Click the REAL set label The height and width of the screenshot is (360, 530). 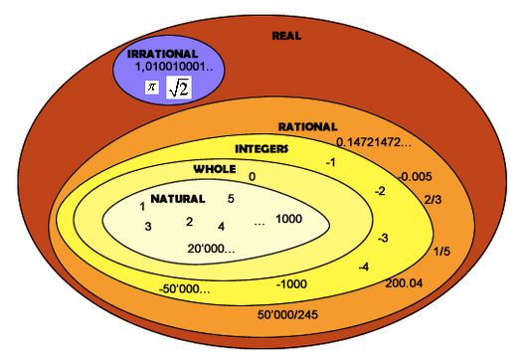(286, 36)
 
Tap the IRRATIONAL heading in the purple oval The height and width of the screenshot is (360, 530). (163, 54)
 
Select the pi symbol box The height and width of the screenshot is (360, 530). (152, 88)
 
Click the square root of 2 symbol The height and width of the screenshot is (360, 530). (179, 88)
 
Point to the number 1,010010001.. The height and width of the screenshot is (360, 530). (174, 67)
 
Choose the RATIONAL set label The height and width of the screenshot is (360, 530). (307, 127)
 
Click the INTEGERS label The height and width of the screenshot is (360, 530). (262, 149)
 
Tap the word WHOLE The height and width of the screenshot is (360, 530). (215, 169)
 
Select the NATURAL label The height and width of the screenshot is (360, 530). (178, 199)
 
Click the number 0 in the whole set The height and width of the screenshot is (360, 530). (253, 177)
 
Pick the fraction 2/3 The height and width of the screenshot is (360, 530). (433, 200)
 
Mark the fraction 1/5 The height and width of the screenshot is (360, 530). (442, 252)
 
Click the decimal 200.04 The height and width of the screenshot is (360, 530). (404, 283)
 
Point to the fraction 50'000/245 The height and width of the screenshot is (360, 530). (287, 314)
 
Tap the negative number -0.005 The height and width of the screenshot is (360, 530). (415, 176)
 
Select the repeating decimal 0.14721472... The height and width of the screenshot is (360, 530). (374, 142)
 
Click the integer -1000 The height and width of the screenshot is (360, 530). (291, 284)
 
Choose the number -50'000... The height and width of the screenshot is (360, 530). (185, 289)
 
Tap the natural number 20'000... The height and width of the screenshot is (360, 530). (211, 249)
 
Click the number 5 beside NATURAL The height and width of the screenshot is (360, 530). (231, 199)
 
